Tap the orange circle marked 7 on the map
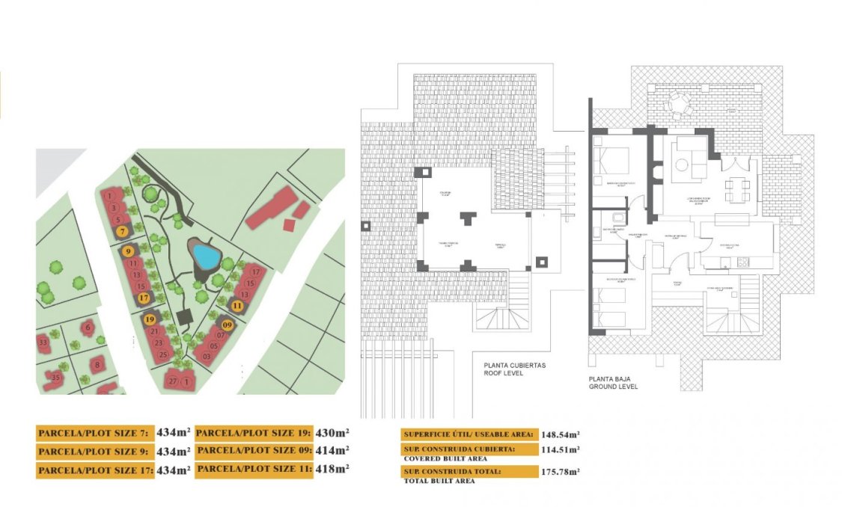[122, 232]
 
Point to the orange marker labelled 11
[237, 305]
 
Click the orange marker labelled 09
[227, 325]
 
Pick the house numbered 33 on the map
[43, 343]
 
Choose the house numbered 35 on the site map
[56, 378]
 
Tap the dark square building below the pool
[185, 317]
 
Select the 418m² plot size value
[332, 468]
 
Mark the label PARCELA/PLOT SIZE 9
[94, 452]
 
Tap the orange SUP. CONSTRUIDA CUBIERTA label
[469, 449]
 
